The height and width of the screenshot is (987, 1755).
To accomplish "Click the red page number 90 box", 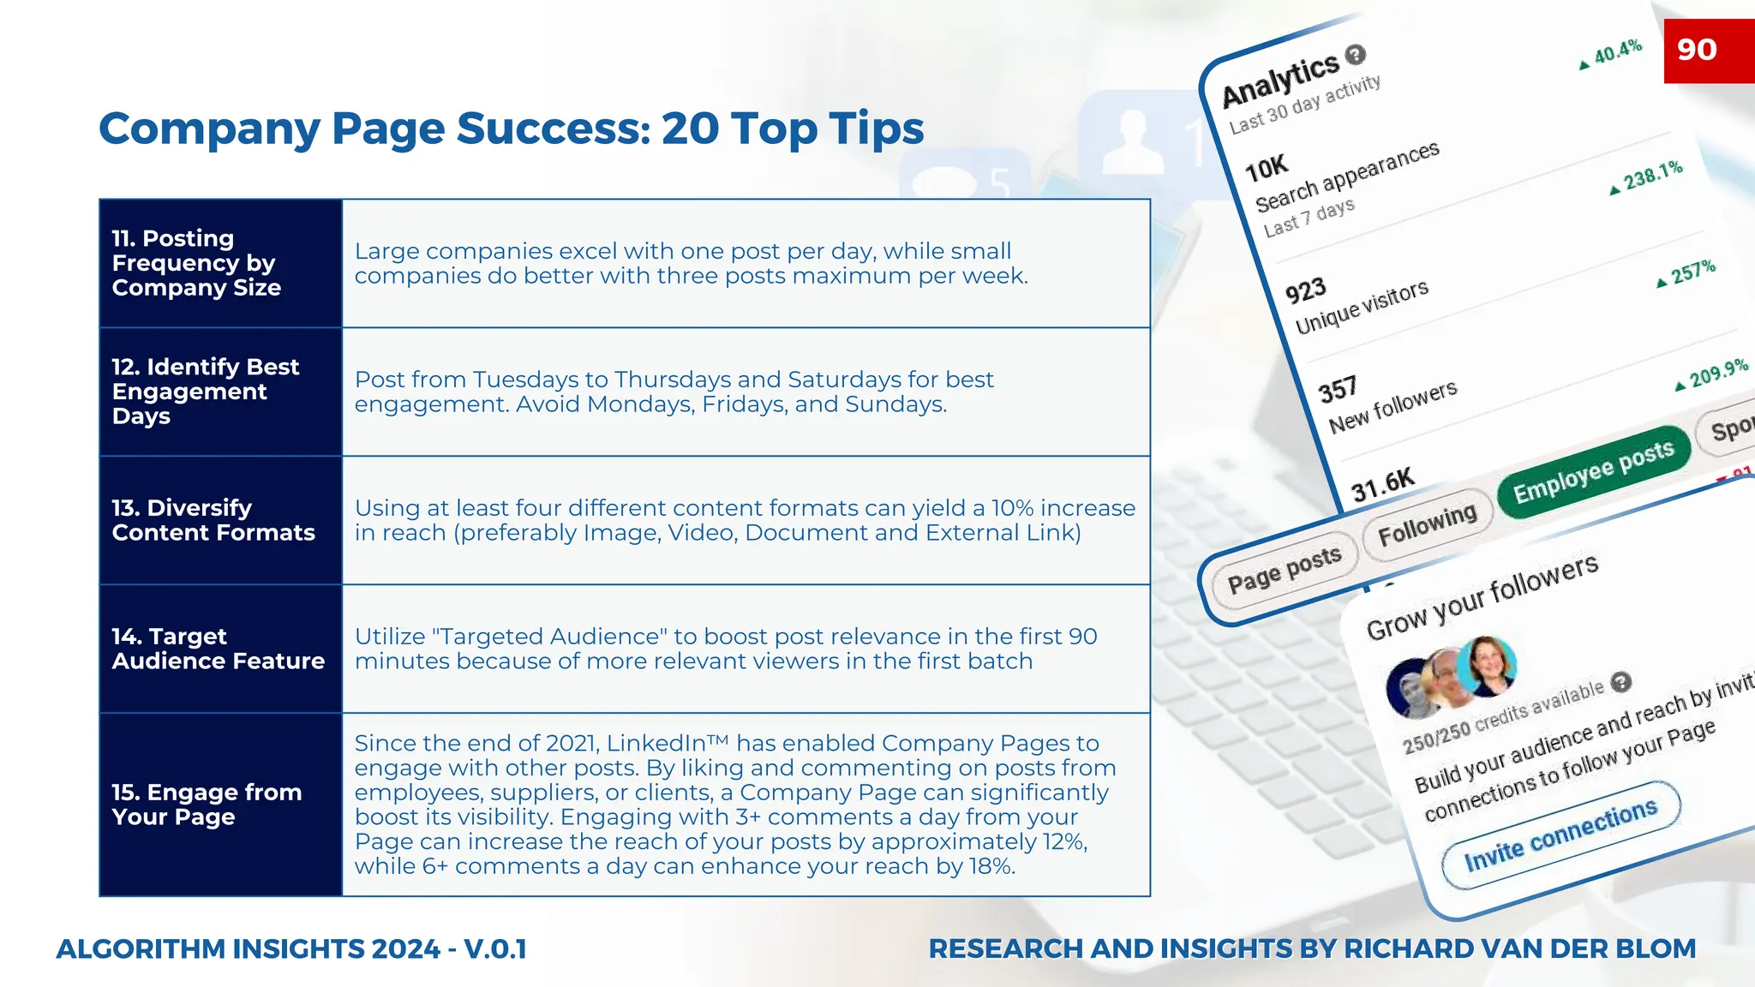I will point(1708,51).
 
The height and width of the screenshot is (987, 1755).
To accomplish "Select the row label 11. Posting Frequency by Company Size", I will point(197,263).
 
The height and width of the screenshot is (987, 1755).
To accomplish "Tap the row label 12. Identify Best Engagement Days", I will point(206,392).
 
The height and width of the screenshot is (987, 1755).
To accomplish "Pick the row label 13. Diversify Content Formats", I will point(213,520).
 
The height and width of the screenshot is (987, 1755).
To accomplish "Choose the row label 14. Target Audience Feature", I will point(218,649).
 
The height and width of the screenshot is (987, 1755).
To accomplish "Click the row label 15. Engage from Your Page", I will point(207,805).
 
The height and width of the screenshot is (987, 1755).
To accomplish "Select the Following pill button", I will point(1427,524).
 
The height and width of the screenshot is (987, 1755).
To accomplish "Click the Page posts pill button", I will point(1284,570).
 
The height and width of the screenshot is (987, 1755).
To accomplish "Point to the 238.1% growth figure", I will point(1652,176).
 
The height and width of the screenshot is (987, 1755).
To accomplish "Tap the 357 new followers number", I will point(1338,390).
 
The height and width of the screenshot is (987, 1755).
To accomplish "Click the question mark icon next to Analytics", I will point(1355,55).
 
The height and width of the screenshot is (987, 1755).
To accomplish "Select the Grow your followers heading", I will point(1482,597).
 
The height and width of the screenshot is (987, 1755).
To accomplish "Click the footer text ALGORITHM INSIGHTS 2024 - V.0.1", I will point(291,949).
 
